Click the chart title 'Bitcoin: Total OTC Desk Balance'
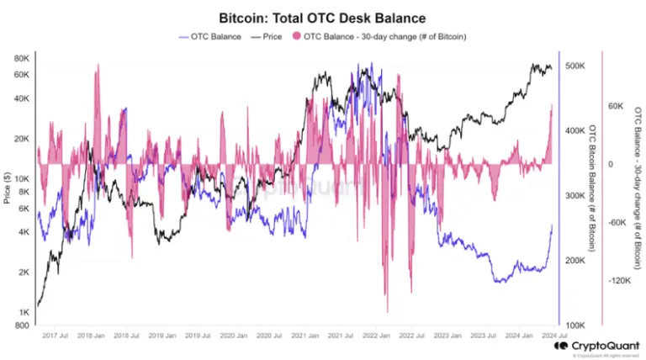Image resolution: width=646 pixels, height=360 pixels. coord(322,17)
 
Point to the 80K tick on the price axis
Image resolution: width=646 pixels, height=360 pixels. coord(21,58)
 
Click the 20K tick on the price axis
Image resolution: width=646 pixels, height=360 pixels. coord(21,139)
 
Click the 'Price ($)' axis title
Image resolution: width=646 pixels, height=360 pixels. coord(7,189)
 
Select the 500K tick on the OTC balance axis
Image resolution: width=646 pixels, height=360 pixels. coord(576,66)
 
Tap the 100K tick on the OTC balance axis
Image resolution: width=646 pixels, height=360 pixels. coord(576,326)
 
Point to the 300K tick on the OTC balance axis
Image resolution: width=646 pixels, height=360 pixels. coord(576,196)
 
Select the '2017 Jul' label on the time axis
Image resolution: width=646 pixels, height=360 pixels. coord(56,336)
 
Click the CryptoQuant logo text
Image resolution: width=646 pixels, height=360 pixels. coord(604,345)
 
